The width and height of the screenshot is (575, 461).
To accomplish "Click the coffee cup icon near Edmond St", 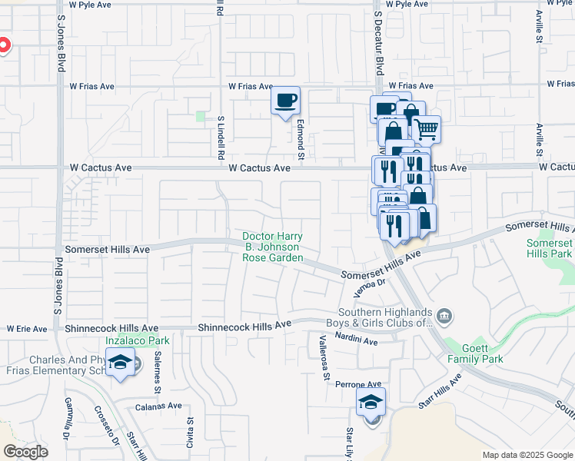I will (x=286, y=101).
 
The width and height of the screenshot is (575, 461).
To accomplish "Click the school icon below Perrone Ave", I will (x=371, y=402).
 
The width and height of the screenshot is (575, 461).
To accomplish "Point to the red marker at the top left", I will (x=2, y=45).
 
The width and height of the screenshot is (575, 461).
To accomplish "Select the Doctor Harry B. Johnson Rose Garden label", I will (x=272, y=247).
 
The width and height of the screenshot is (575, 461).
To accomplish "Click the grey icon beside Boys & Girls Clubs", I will (x=444, y=316).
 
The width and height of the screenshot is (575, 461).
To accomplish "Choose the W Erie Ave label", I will (x=27, y=329).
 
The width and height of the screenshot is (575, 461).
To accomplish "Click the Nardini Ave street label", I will (x=356, y=341).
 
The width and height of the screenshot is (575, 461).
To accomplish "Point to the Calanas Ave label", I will (x=158, y=406).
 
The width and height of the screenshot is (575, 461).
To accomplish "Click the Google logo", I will (x=25, y=452).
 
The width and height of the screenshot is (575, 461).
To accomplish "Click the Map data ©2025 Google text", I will (x=527, y=455).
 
